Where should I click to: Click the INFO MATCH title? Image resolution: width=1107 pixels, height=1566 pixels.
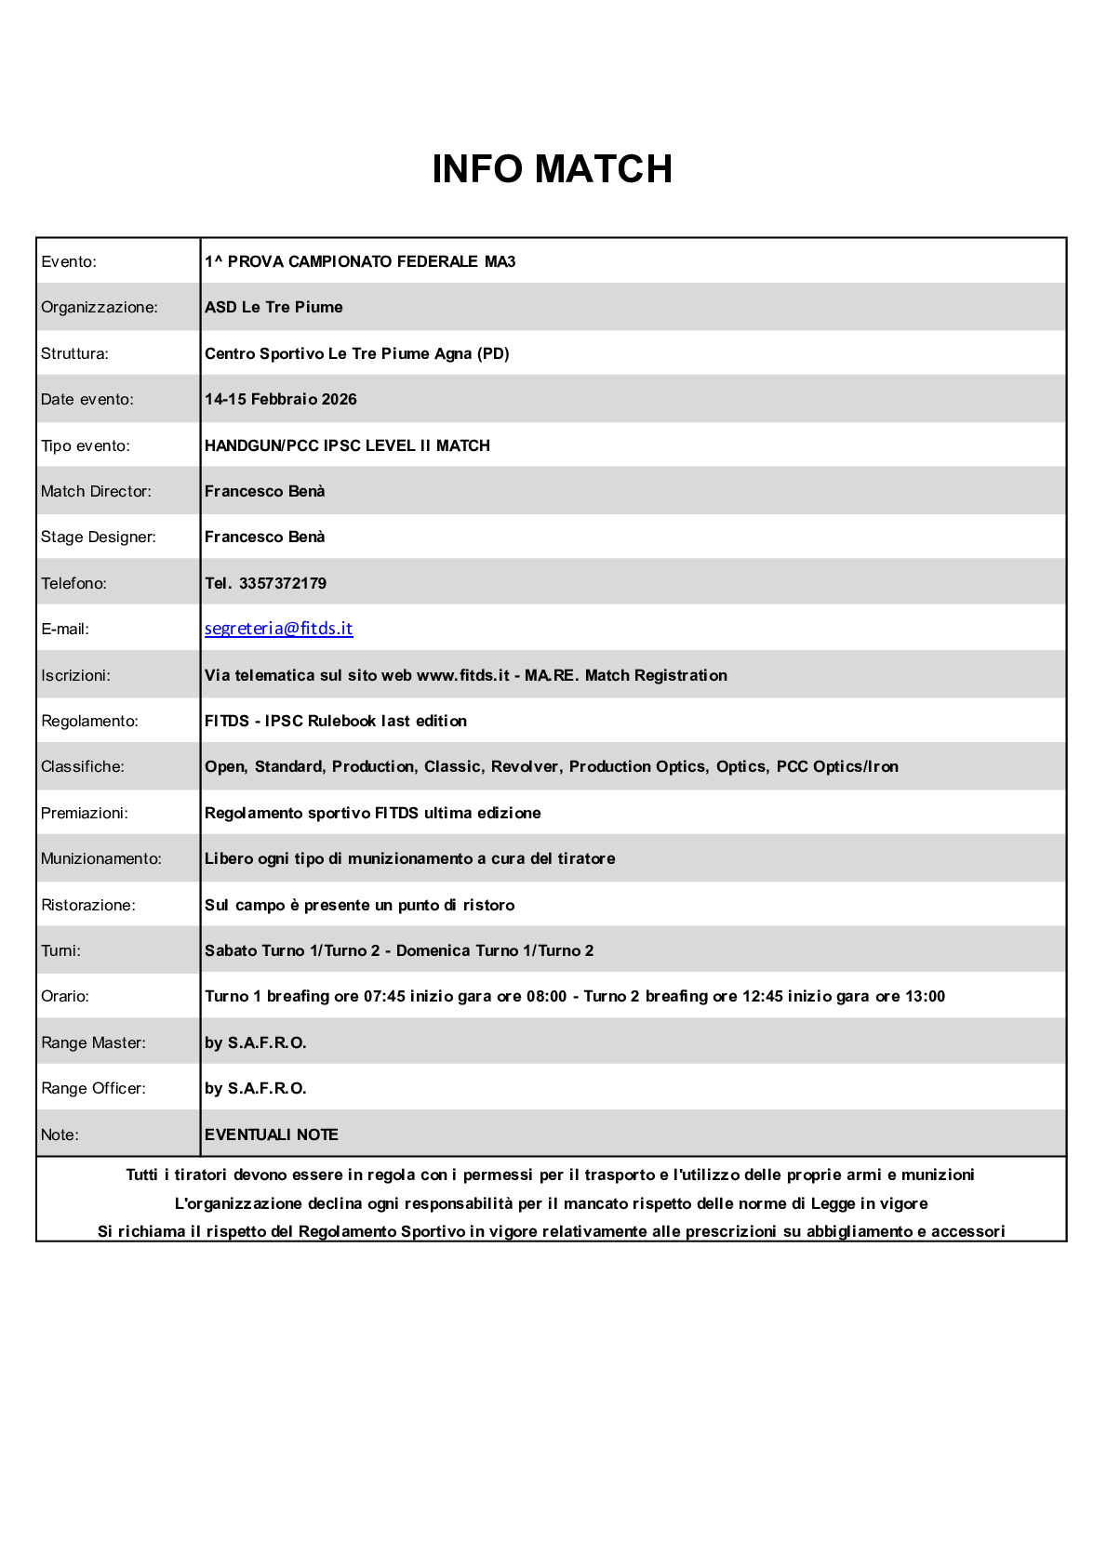[x=552, y=169]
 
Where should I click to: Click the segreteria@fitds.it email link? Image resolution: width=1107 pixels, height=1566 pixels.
[x=278, y=629]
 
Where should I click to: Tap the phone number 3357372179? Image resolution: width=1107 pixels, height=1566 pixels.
[x=282, y=583]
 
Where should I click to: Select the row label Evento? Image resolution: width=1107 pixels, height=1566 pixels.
[x=68, y=261]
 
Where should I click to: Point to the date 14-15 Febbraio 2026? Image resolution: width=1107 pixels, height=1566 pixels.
[x=280, y=399]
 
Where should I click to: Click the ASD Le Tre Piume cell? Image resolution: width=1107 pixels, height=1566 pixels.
[x=273, y=307]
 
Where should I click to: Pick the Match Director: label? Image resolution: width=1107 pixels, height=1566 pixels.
[x=96, y=491]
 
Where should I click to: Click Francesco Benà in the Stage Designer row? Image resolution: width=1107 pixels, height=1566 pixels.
[x=264, y=537]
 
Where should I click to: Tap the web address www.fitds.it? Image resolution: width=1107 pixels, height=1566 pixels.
[x=462, y=675]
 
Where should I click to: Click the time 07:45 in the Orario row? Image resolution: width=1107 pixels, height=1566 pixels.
[x=384, y=996]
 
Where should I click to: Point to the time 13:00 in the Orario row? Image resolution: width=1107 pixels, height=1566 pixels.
[x=925, y=996]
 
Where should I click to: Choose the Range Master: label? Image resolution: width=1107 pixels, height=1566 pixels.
[x=93, y=1042]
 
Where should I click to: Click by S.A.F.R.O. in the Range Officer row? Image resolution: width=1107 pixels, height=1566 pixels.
[x=255, y=1088]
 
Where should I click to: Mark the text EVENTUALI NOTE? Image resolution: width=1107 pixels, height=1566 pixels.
[x=271, y=1135]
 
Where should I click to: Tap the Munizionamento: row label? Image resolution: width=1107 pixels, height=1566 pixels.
[x=100, y=858]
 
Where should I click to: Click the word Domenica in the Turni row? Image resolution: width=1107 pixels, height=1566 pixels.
[x=433, y=950]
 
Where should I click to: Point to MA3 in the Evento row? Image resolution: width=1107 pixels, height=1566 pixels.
[x=500, y=261]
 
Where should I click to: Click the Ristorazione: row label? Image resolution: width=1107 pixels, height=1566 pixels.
[x=87, y=905]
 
